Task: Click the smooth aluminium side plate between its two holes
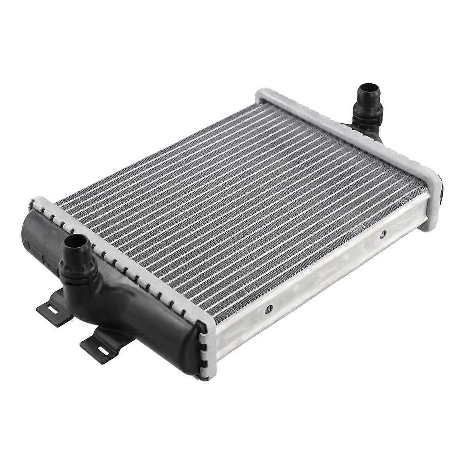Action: [325, 271]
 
